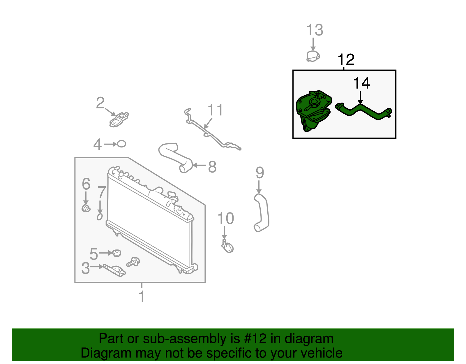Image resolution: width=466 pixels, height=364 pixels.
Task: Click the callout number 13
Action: point(315,30)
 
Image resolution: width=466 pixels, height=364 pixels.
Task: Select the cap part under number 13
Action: point(313,56)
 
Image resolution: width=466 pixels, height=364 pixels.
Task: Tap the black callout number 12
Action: point(346,60)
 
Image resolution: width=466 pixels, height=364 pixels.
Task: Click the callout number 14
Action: point(361,83)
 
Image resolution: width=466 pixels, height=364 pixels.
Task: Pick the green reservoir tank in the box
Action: point(313,111)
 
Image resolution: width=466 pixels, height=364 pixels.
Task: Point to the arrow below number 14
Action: point(361,98)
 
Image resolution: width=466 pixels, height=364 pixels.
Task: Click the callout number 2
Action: point(100,103)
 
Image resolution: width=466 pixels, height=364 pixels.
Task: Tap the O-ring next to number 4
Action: point(121,144)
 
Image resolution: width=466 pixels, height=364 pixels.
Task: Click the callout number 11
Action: point(215,110)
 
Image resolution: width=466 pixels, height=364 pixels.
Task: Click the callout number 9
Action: point(260,173)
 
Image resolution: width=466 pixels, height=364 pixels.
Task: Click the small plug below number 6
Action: point(86,208)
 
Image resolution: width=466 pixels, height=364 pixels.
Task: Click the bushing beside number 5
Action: point(117,253)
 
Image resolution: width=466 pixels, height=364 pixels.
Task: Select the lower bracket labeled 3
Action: point(116,270)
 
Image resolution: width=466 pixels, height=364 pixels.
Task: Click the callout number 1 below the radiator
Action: point(142,297)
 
